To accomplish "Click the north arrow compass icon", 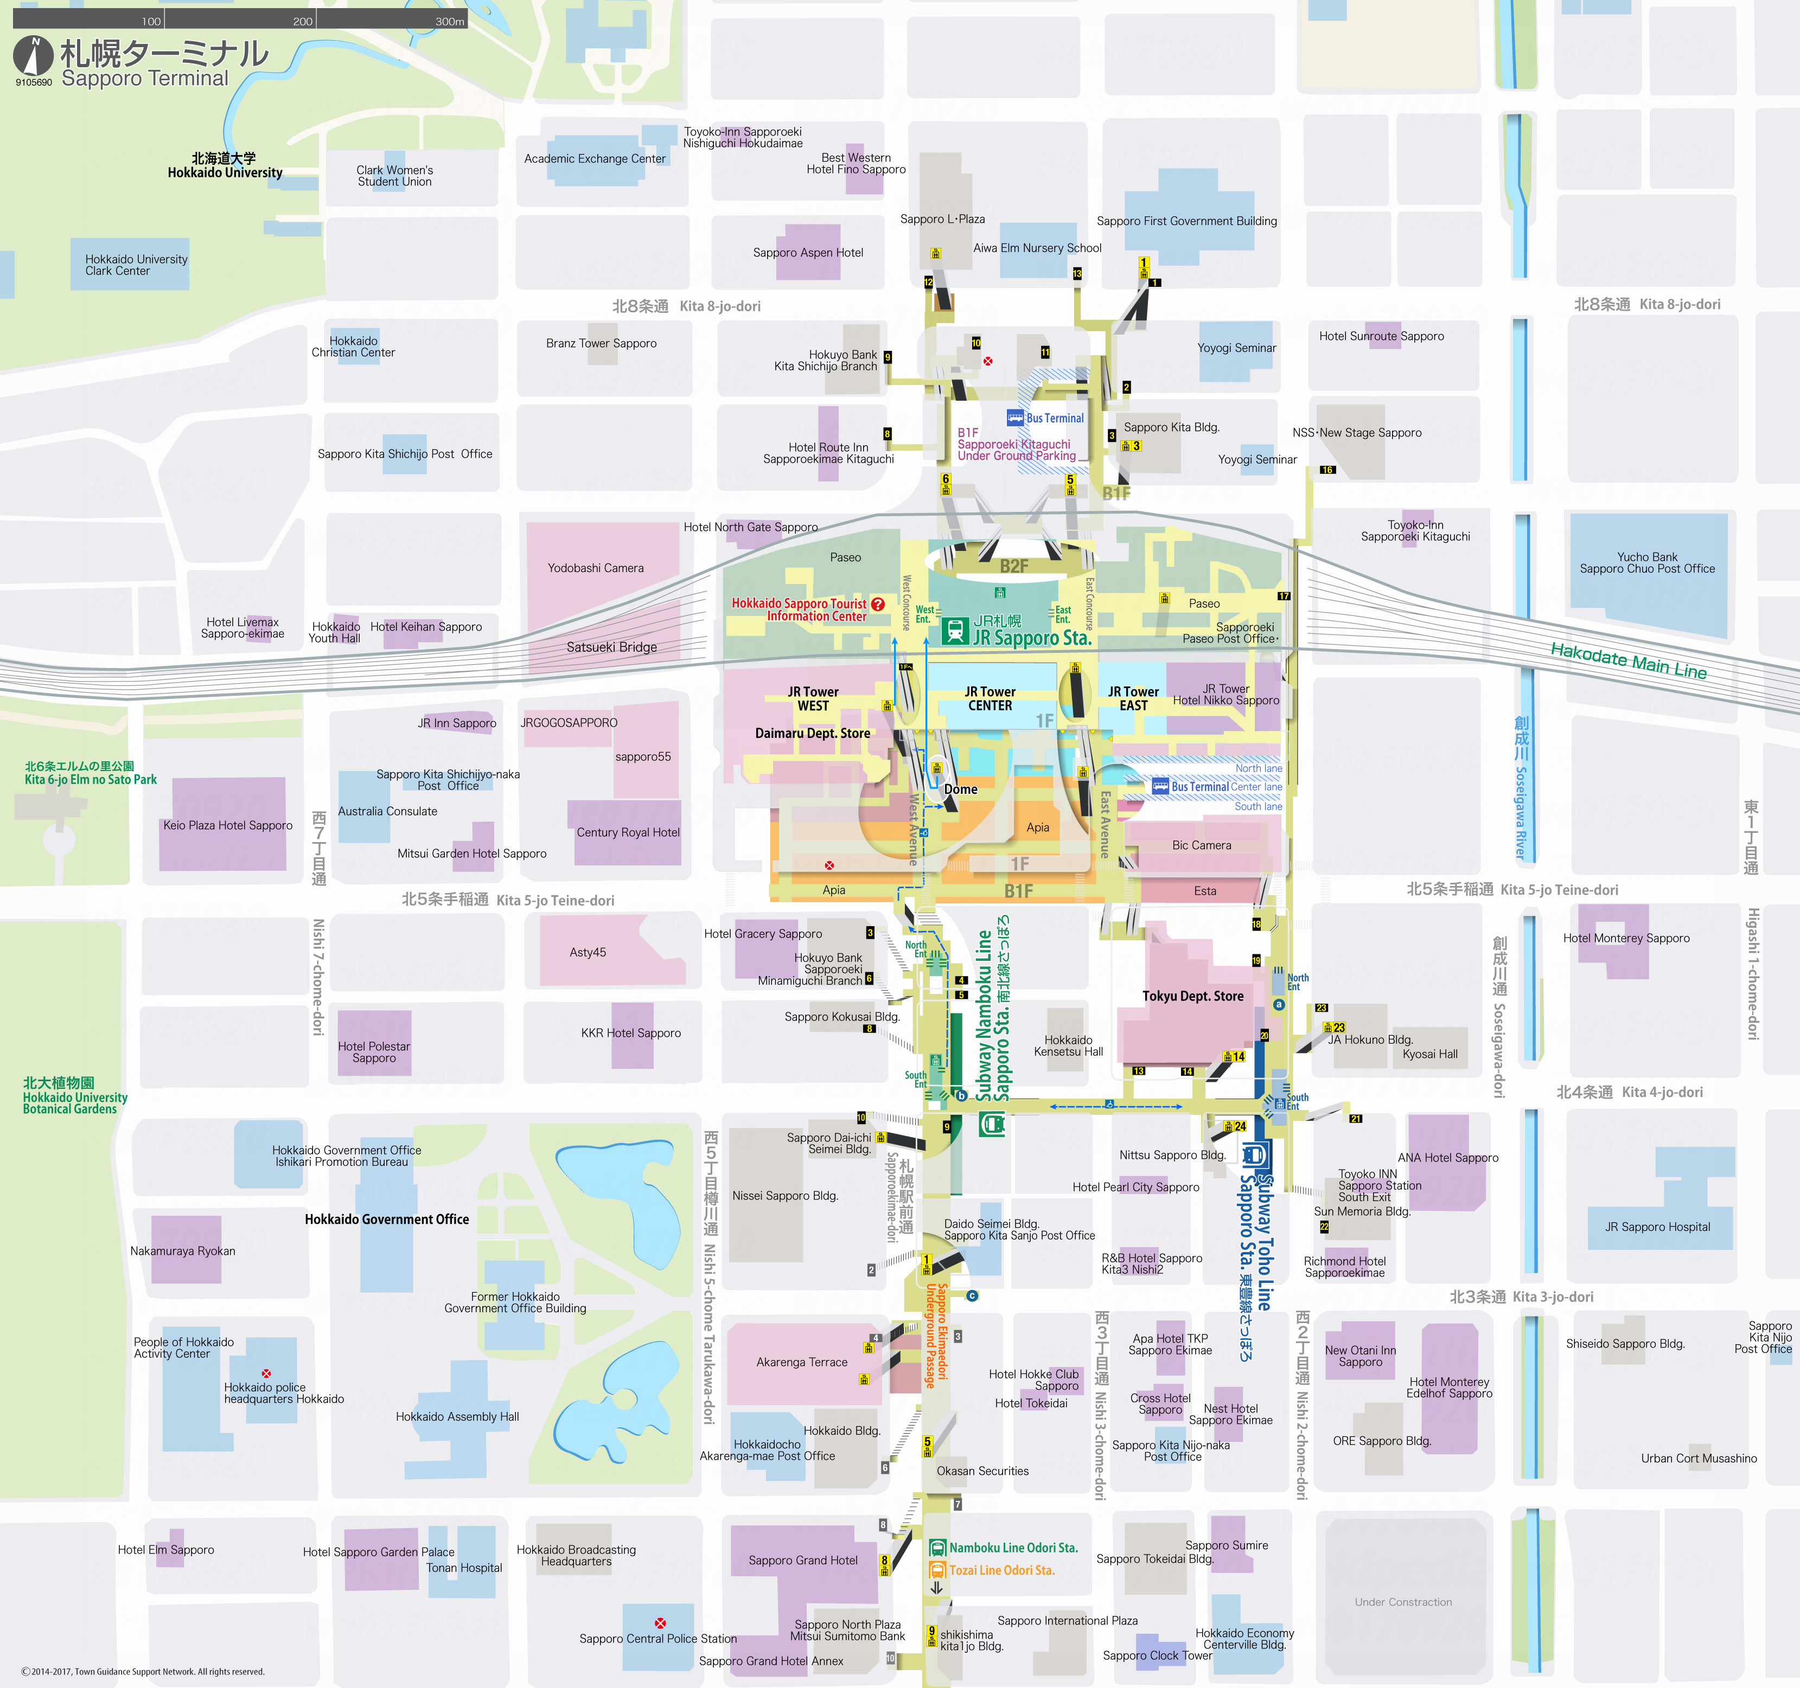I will [x=33, y=56].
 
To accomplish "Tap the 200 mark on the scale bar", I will [x=302, y=21].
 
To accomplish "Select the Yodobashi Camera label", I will [x=595, y=568].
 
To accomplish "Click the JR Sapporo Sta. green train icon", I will [x=954, y=631].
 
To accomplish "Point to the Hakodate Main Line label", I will [x=1628, y=660].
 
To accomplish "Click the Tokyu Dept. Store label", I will [x=1192, y=996].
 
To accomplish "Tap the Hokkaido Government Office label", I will [x=387, y=1219].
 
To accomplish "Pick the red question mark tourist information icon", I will [x=877, y=604].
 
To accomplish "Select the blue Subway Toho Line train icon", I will [x=1253, y=1155].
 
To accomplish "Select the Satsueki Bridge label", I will [x=611, y=647].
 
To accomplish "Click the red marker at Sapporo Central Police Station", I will [x=660, y=1623].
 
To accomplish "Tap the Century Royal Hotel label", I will [x=628, y=833].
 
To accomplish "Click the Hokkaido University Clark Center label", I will [x=136, y=265].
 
